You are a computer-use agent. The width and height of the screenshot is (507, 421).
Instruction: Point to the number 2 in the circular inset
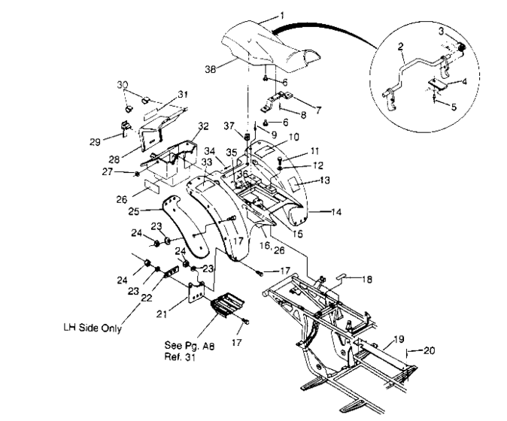[402, 46]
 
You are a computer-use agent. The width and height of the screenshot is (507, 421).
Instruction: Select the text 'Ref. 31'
[182, 358]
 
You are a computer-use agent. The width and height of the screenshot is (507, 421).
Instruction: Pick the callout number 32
[202, 126]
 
